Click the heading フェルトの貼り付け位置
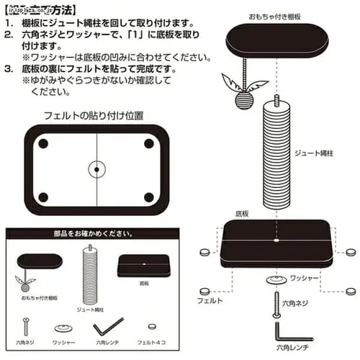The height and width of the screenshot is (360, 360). coord(93,114)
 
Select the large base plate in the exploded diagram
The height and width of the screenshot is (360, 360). coord(277,243)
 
